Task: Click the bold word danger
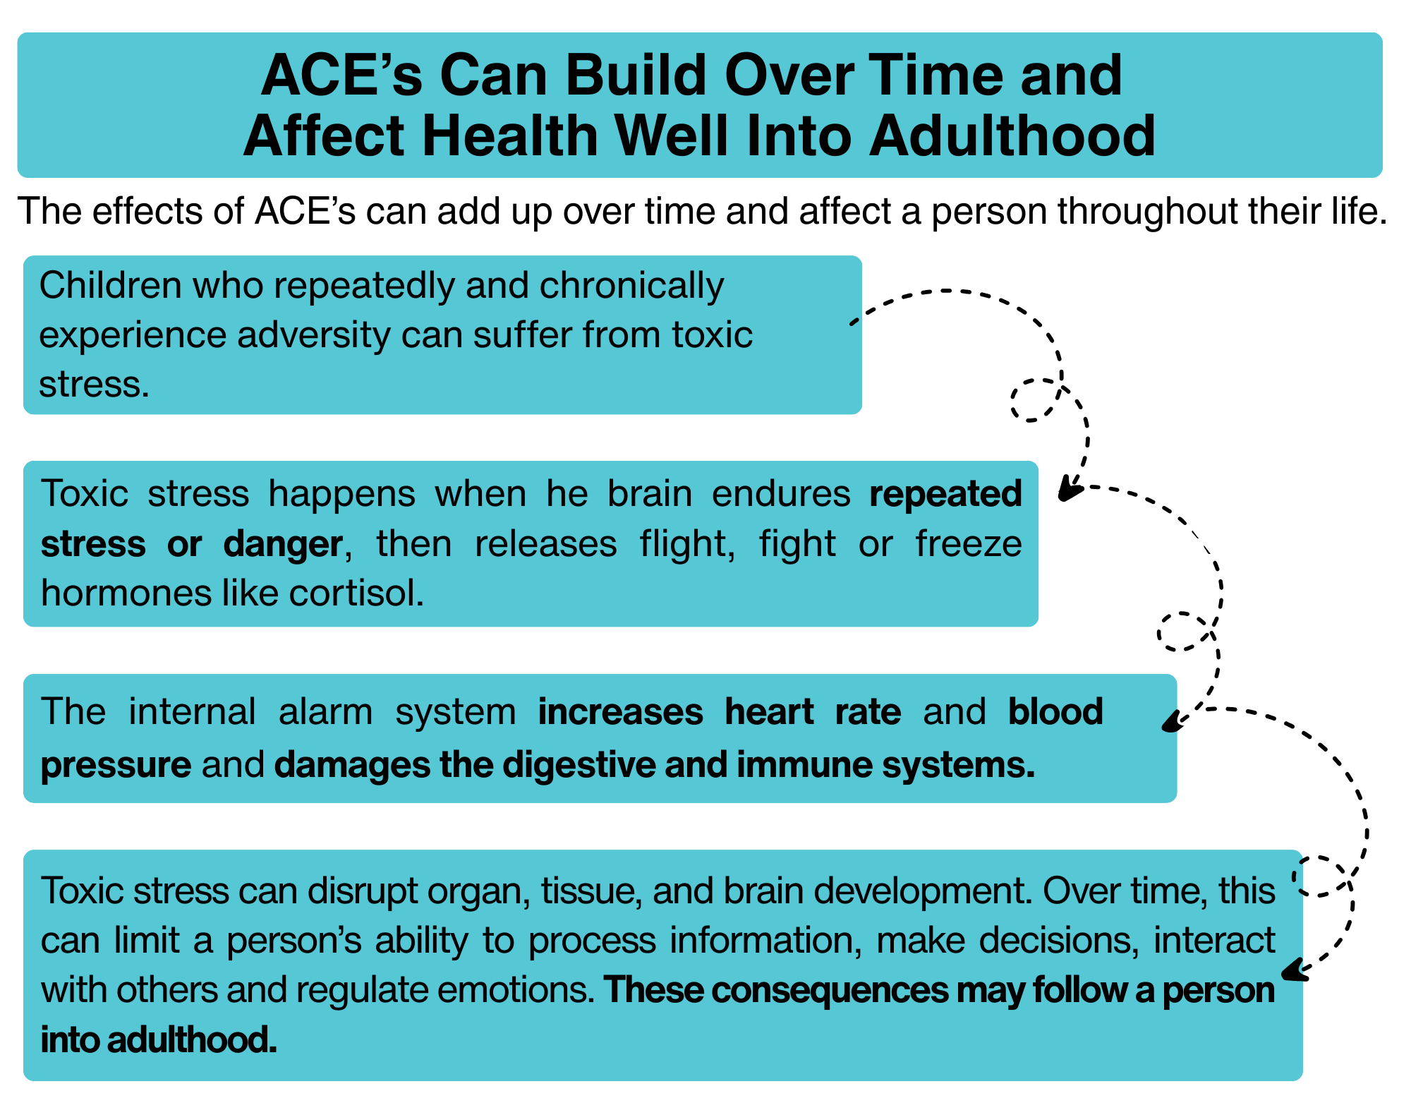(283, 544)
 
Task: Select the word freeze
(969, 543)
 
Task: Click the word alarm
(326, 711)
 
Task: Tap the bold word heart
(770, 711)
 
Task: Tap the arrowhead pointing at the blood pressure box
(1172, 721)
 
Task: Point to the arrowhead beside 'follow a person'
(1294, 972)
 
